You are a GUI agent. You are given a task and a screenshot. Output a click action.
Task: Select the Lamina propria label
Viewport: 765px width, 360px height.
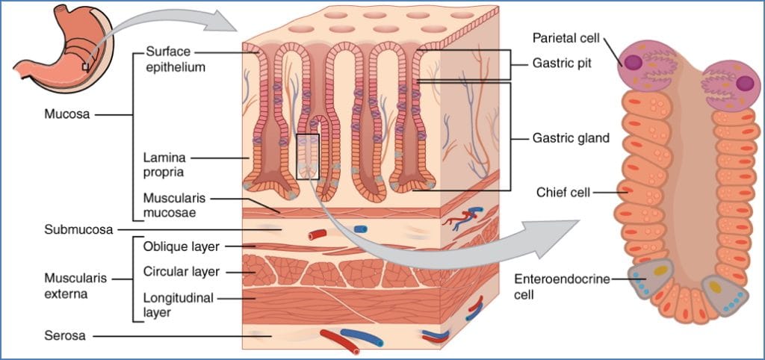164,164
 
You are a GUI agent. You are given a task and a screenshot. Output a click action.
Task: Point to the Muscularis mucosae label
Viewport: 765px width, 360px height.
172,205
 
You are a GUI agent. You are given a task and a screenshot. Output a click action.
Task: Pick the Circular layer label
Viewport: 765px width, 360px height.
182,271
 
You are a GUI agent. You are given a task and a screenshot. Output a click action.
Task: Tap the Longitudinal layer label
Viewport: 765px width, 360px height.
178,305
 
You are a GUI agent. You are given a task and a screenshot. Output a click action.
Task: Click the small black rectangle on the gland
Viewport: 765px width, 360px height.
308,156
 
